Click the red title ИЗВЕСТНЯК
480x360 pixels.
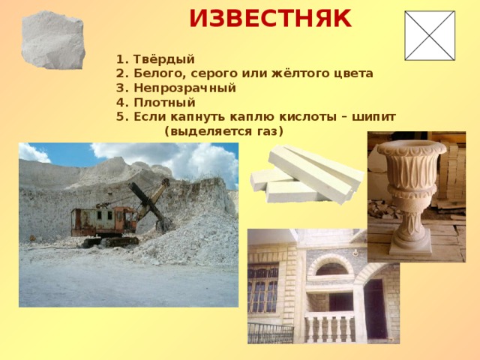point(270,19)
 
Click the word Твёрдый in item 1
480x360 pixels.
point(164,59)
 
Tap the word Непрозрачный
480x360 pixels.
point(185,88)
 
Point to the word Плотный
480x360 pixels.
point(164,102)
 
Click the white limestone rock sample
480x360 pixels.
point(53,40)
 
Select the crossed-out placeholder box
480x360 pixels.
point(430,35)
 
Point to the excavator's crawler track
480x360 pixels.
point(111,241)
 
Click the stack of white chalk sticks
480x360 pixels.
point(307,175)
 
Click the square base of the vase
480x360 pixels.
point(410,251)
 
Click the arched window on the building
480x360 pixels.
point(331,268)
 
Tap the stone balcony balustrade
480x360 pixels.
point(330,328)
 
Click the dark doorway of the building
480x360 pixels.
point(376,310)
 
